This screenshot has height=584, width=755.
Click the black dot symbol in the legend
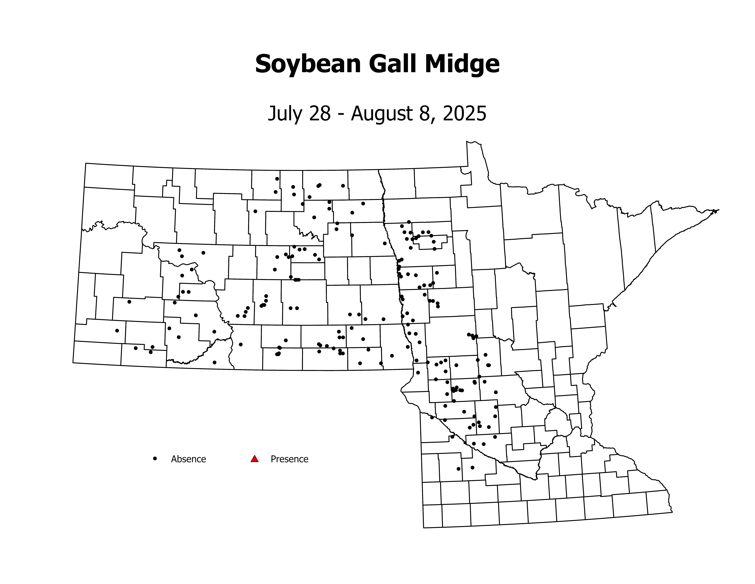click(155, 458)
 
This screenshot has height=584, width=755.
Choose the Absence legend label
click(188, 459)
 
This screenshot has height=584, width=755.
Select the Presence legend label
click(289, 459)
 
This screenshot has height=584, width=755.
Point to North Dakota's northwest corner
click(86, 163)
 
